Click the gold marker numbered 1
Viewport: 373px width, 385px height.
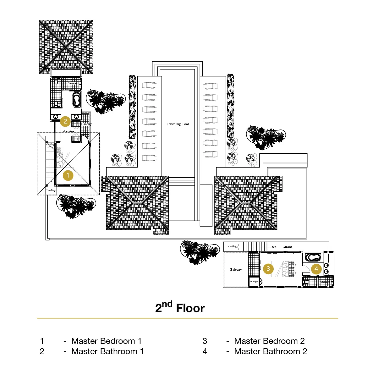(x=68, y=175)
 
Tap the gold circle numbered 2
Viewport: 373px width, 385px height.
(x=65, y=121)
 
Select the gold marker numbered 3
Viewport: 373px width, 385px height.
(x=268, y=269)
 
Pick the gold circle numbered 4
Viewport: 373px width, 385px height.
(x=316, y=269)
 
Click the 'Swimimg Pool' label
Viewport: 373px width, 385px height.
(x=178, y=124)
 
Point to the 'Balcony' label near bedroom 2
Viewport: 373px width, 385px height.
(x=236, y=270)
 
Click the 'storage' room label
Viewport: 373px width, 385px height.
(x=254, y=282)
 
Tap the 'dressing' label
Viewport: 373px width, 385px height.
(x=69, y=131)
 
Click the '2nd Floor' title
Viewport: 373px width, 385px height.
(x=180, y=308)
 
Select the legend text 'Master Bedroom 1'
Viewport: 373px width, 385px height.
(x=106, y=341)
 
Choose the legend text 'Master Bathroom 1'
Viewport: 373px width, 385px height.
(x=107, y=351)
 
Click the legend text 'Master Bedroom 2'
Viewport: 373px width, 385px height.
(x=269, y=341)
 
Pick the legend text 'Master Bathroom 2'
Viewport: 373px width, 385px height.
(x=271, y=351)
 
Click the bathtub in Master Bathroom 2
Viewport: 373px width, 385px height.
(x=313, y=257)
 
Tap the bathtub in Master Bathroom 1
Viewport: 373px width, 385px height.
(x=76, y=99)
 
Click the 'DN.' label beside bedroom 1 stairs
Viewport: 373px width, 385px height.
(x=51, y=182)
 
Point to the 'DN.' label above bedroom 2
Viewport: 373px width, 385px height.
(x=274, y=247)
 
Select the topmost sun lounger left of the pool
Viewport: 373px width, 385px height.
(x=149, y=85)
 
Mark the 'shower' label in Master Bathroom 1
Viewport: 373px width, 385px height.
(x=72, y=83)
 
